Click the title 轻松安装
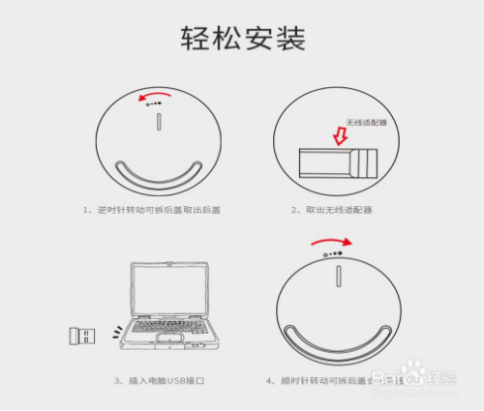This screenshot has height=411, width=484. (242, 38)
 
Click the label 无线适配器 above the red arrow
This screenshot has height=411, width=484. (366, 124)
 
